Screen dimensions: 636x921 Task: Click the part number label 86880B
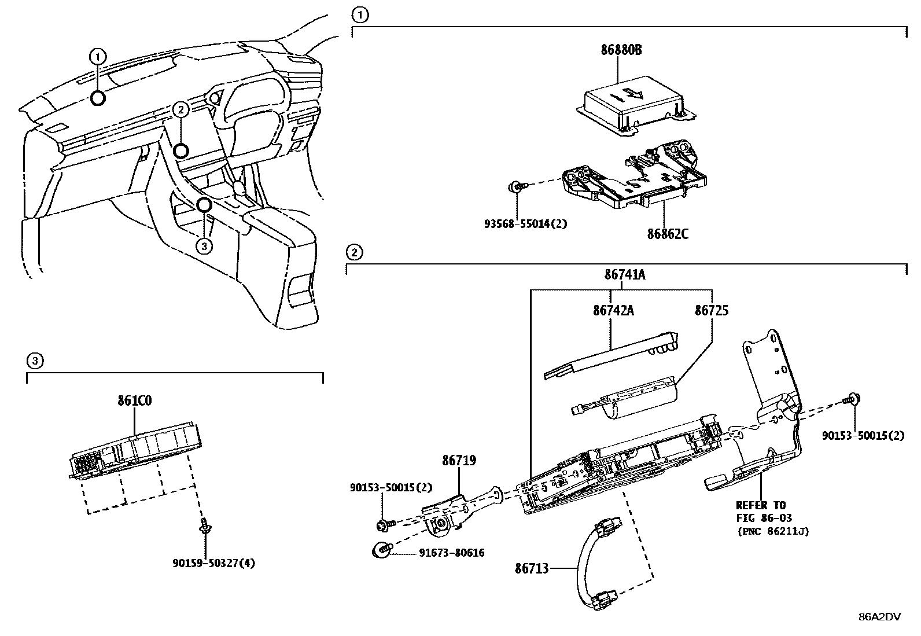pos(620,50)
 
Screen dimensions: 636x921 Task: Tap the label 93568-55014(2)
pos(525,223)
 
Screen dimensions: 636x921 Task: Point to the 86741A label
pos(625,275)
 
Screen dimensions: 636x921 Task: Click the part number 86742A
pos(613,311)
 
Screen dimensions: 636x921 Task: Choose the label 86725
pos(711,311)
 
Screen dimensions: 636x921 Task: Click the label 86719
pos(459,461)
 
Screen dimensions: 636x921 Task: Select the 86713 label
pos(532,569)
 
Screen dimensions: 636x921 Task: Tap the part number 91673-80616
pos(452,553)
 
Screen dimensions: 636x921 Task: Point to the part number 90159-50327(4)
pos(213,563)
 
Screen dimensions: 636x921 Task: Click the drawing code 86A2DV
pos(879,617)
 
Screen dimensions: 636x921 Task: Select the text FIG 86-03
pos(763,518)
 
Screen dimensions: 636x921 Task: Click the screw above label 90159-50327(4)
pos(204,525)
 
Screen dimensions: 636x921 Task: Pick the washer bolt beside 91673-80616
pos(382,549)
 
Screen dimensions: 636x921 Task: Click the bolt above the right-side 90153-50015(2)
pos(851,399)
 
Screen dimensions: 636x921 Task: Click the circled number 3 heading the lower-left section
pos(35,361)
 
